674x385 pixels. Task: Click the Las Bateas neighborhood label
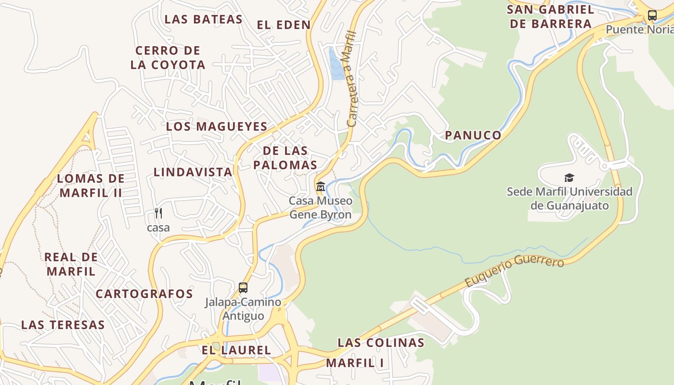click(x=203, y=19)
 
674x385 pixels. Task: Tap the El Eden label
click(x=284, y=25)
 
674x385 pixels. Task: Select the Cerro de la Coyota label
click(x=168, y=57)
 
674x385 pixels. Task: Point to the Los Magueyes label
click(x=217, y=127)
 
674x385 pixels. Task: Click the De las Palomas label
click(x=285, y=158)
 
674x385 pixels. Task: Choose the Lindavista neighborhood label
click(x=193, y=172)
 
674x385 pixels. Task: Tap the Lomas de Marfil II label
click(x=91, y=186)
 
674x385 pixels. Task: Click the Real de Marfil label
click(x=71, y=264)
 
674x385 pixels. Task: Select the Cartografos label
click(x=144, y=294)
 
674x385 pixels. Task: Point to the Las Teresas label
click(x=63, y=325)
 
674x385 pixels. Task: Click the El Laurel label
click(x=236, y=350)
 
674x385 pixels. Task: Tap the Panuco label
click(x=473, y=135)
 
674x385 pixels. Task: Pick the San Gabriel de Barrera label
click(x=550, y=16)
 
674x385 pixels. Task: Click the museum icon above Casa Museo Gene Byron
click(x=321, y=186)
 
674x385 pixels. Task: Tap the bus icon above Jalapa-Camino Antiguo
click(x=243, y=288)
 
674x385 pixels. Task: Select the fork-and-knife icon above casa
click(x=158, y=213)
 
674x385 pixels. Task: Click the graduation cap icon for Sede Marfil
click(x=570, y=178)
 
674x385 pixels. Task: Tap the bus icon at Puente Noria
click(x=652, y=15)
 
